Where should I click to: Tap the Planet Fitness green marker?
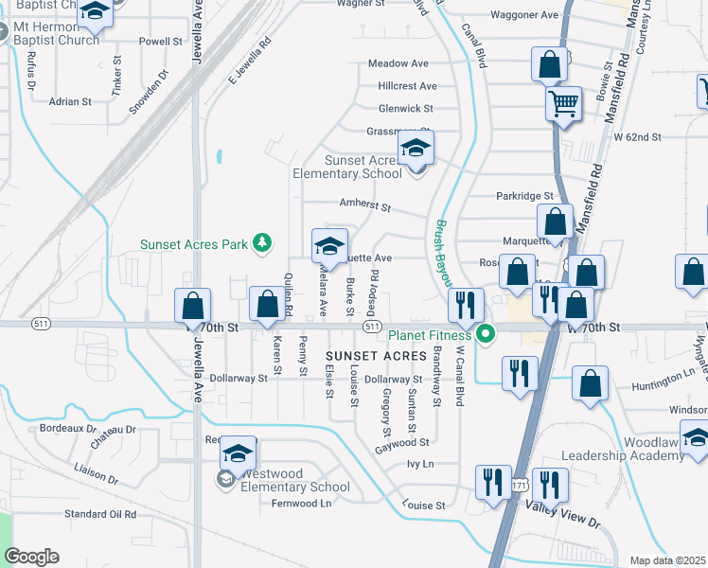[x=487, y=334]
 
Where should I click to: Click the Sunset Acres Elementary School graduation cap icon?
[x=415, y=149]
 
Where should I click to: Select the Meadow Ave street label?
[x=398, y=63]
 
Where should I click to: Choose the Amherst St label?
[x=364, y=204]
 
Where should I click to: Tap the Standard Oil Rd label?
[x=100, y=514]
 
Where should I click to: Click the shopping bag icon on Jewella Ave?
[x=193, y=306]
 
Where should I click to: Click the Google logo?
[x=32, y=557]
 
